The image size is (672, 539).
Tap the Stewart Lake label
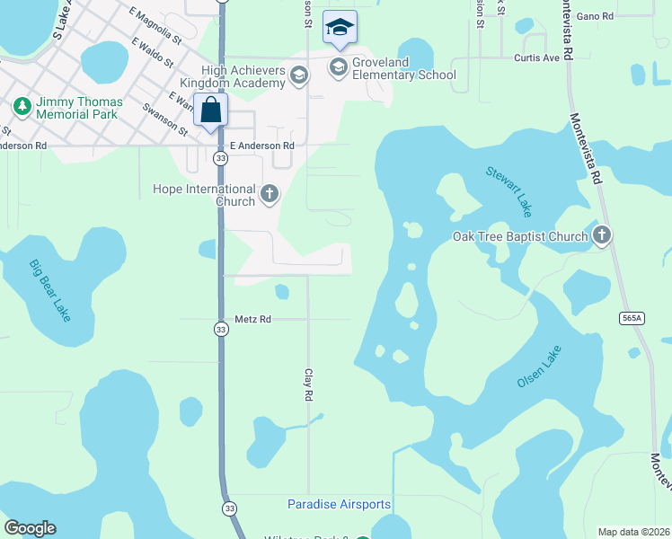(508, 190)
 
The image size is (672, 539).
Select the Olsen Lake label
(539, 367)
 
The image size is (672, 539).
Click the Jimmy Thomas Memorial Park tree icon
(22, 107)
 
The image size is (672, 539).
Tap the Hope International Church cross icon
(269, 193)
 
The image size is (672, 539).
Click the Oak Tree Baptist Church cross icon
(602, 236)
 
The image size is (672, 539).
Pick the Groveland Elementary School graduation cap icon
(338, 66)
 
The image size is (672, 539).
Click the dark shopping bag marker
(210, 110)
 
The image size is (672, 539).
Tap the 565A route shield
(632, 318)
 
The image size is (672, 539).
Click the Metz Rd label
(252, 319)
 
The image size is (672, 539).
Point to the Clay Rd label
(308, 384)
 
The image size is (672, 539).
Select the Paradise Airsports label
(339, 504)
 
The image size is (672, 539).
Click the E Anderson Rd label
(262, 146)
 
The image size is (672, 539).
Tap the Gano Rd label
(595, 16)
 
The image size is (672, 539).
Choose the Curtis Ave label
(536, 57)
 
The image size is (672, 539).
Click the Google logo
(30, 528)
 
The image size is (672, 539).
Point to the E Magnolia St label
(155, 27)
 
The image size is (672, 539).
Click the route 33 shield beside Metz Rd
(221, 330)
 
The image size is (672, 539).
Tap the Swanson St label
(165, 119)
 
